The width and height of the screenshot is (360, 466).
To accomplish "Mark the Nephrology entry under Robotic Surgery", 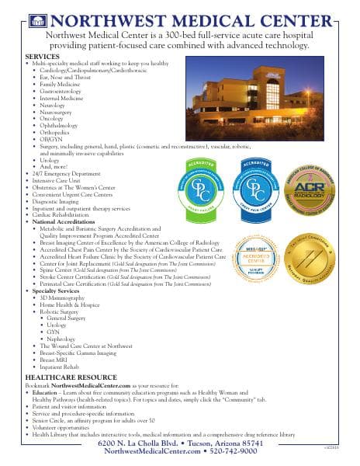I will tap(63, 339).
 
